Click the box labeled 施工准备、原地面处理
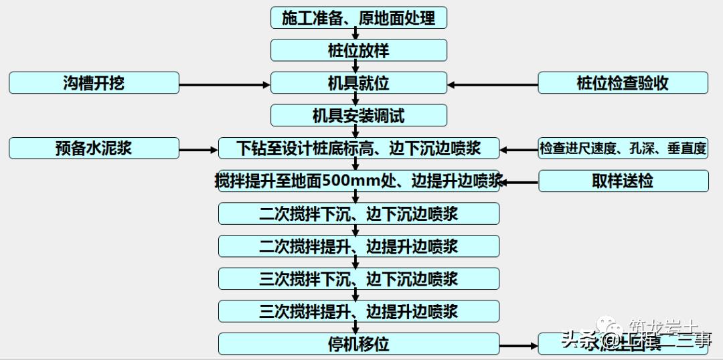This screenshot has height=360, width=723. point(358,18)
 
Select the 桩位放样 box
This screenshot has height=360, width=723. point(358,50)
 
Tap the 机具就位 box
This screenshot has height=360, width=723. point(358,83)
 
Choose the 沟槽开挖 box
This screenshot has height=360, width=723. point(94,83)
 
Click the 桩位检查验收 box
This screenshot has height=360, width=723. point(623,83)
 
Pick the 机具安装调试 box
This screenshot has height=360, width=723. point(358,116)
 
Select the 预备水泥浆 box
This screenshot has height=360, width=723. point(94,148)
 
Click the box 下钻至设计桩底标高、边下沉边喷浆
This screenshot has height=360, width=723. point(358,148)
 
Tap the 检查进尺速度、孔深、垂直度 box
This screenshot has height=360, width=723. point(623,148)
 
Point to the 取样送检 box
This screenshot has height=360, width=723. point(623,181)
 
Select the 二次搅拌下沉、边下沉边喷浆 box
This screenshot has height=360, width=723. point(358,213)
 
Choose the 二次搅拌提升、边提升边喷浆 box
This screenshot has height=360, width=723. point(358,246)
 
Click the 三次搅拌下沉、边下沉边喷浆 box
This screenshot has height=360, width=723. point(358,278)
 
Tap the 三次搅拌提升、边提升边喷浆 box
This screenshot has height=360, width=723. point(358,311)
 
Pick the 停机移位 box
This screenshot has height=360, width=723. point(358,344)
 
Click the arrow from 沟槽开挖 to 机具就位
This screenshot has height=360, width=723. point(224,84)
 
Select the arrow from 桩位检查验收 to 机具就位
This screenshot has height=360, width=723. point(493,84)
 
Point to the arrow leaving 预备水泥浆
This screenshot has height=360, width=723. point(199,149)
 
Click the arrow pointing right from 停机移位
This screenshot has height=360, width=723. point(519,346)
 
